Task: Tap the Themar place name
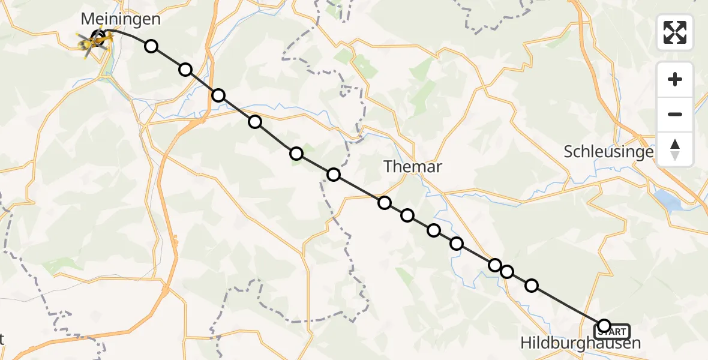(413, 167)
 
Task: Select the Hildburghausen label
(581, 343)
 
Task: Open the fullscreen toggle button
(675, 32)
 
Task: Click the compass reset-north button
(675, 149)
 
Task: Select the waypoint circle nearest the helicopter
(151, 46)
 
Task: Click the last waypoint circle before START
(532, 286)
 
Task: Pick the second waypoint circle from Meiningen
(185, 70)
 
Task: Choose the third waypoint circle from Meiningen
(218, 95)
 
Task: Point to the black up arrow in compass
(675, 144)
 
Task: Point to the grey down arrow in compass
(675, 155)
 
